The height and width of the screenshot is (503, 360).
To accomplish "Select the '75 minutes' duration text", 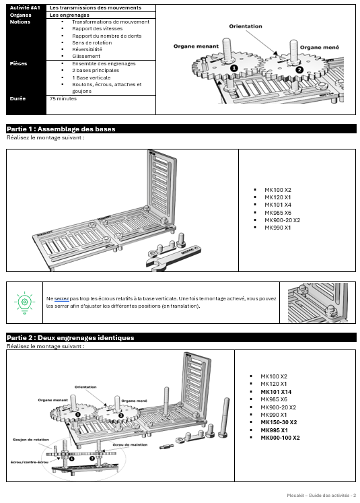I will tap(63, 98).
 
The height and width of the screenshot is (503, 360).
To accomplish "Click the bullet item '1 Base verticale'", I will tap(91, 77).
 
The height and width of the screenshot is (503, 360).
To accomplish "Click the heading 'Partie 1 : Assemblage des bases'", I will tap(61, 129).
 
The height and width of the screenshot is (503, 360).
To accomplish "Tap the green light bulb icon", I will tap(24, 301).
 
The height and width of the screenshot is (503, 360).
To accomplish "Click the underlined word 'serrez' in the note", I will tap(62, 298).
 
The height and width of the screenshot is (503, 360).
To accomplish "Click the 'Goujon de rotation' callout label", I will tap(30, 439).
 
